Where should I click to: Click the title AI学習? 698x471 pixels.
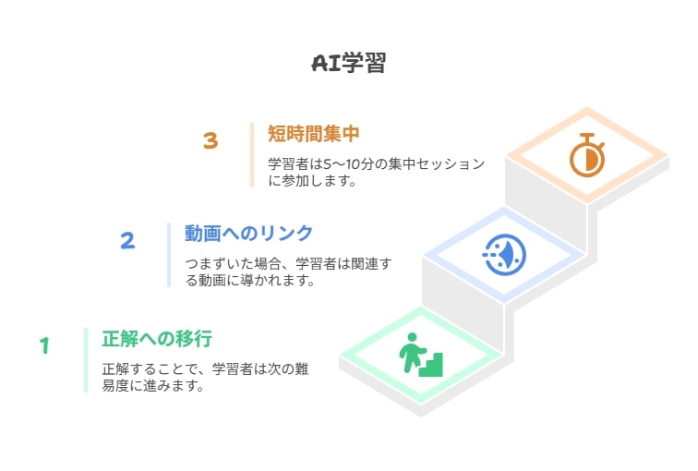click(x=349, y=63)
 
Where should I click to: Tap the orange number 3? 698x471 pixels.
click(x=211, y=140)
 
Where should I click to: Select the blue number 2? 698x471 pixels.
click(x=127, y=240)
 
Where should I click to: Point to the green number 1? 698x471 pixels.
click(x=44, y=345)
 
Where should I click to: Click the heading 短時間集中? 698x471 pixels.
click(x=313, y=134)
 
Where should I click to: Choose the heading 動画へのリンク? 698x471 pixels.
click(x=249, y=234)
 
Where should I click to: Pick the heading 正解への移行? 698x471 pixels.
click(x=157, y=339)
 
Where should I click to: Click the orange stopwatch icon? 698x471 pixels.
click(x=587, y=155)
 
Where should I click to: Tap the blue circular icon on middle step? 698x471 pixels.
click(x=504, y=255)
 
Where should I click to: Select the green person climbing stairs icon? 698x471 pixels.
click(x=421, y=355)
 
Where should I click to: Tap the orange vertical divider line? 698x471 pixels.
click(x=252, y=155)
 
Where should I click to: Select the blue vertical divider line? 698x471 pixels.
click(x=169, y=255)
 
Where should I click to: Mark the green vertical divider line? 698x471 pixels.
click(x=86, y=360)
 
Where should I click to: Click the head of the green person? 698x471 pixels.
click(x=412, y=337)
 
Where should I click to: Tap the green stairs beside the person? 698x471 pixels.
click(x=431, y=366)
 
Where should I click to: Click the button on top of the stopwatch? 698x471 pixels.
click(x=587, y=136)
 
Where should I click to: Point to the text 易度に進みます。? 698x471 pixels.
click(x=153, y=385)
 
